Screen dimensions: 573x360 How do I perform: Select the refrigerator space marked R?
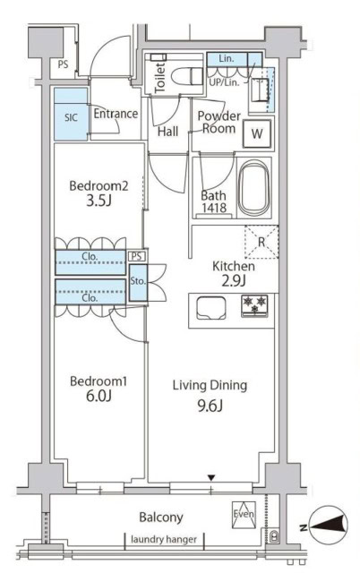point(261,242)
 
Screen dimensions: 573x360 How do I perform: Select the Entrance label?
point(116,114)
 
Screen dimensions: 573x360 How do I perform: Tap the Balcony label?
point(161,517)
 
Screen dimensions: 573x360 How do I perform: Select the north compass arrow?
point(327,528)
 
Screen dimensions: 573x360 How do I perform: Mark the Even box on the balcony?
point(244,513)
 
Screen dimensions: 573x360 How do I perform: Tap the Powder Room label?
point(217,123)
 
